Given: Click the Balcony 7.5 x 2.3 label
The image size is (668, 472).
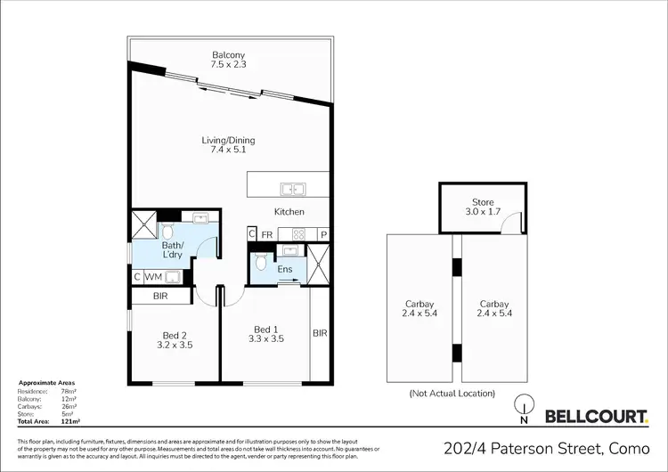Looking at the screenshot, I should pos(230,59).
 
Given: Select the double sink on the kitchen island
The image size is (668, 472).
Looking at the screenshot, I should pos(292,189).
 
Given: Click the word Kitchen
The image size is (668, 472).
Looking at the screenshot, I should pos(289,212).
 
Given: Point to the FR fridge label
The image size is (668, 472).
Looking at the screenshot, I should pos(266,234).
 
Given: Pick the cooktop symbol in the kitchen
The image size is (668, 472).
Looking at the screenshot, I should pos(298,234).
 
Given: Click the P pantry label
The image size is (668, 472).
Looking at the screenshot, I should pos(323,234).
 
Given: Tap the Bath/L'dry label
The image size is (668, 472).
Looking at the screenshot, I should pos(172,250).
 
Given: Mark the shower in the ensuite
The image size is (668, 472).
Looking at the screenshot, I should pos(319,264).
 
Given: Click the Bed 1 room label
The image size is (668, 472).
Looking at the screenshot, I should pos(267,332).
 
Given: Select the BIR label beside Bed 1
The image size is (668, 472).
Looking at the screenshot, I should pos(320,333).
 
